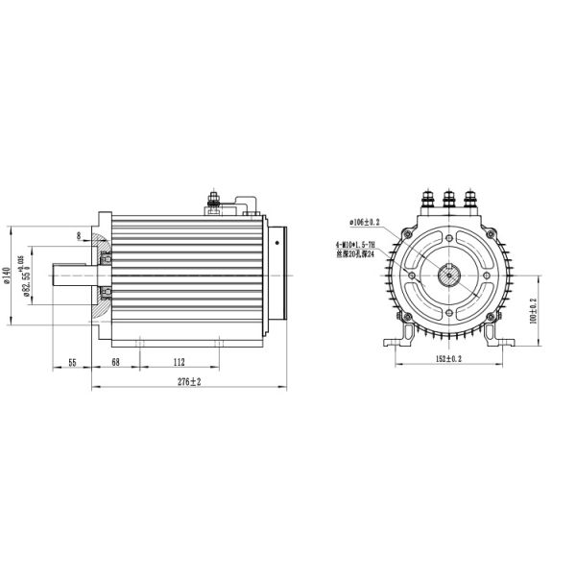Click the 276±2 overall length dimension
point(190,382)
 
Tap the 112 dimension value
point(179,362)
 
